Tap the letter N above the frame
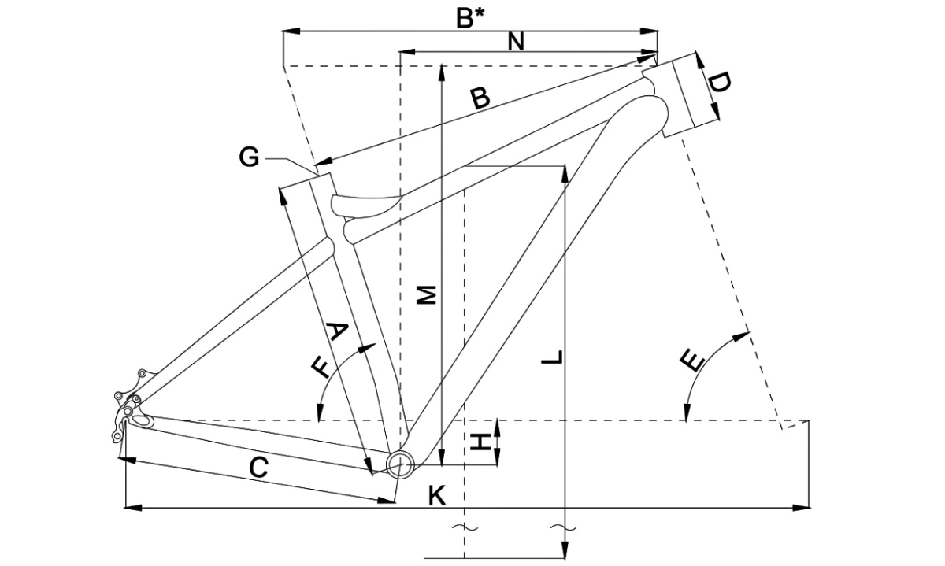click(x=517, y=42)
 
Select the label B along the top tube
click(x=480, y=98)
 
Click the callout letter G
click(x=249, y=158)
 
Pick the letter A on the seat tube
click(x=337, y=331)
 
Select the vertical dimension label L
click(x=554, y=357)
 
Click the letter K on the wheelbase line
click(x=437, y=496)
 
